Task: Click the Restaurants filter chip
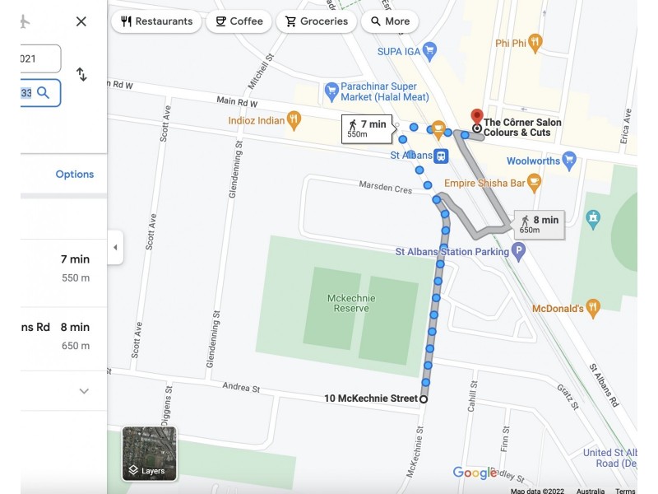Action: coord(156,21)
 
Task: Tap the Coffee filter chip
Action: coord(239,21)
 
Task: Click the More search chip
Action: coord(389,21)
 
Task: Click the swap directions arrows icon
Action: coord(81,74)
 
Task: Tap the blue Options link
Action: coord(75,174)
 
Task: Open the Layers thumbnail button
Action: coord(149,453)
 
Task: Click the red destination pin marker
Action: coord(475,116)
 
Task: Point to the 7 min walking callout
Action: coord(367,128)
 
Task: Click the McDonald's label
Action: coord(558,308)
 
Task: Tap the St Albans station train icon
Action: coord(442,156)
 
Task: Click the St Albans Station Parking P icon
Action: coord(518,252)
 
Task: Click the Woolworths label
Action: coord(533,161)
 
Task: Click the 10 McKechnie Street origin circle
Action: coord(424,398)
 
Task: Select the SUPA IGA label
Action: coord(400,51)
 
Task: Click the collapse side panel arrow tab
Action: coord(115,247)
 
